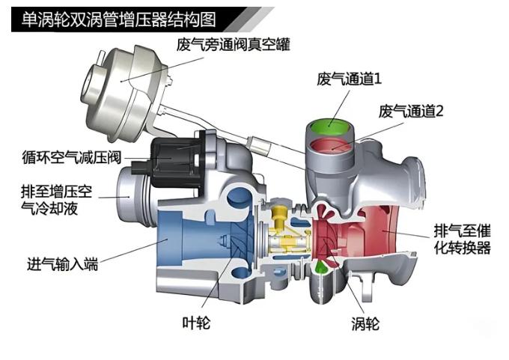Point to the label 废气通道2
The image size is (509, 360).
click(412, 112)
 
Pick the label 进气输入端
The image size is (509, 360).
click(62, 265)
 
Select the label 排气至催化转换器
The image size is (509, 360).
click(462, 239)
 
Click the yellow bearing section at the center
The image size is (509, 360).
click(284, 228)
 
